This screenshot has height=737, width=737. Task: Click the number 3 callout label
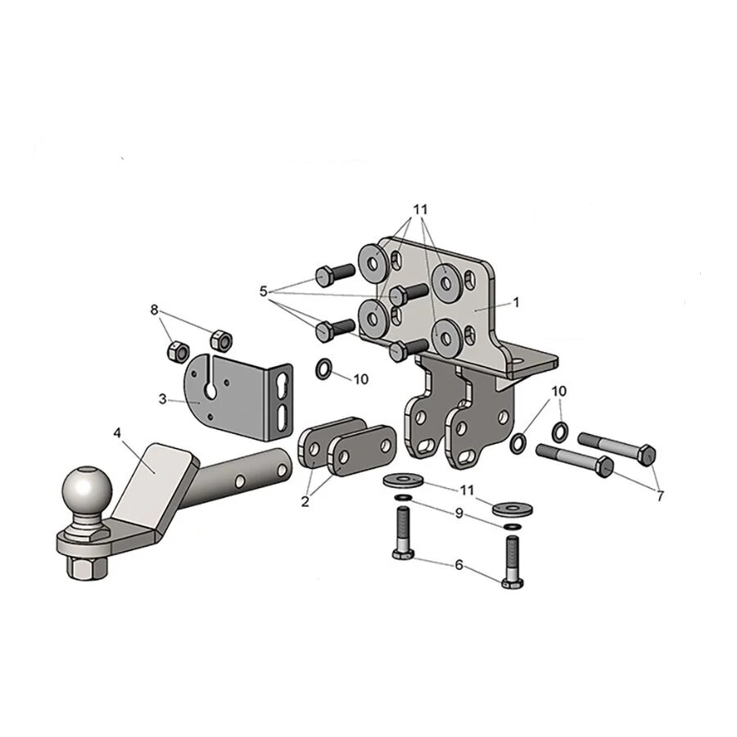(x=162, y=399)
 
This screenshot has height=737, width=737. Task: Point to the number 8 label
(x=154, y=310)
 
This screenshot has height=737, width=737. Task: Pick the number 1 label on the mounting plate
(x=516, y=301)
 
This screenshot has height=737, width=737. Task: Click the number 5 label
(x=263, y=291)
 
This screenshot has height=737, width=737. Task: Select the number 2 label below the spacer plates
(x=305, y=501)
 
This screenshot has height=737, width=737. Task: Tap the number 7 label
(x=660, y=495)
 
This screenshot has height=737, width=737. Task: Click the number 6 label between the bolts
(x=459, y=565)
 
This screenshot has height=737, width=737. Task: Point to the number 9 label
(x=459, y=513)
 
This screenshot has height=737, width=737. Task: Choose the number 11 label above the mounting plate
(x=420, y=210)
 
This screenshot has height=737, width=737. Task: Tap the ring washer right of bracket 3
(x=323, y=370)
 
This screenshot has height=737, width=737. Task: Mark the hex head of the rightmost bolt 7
(x=645, y=453)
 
